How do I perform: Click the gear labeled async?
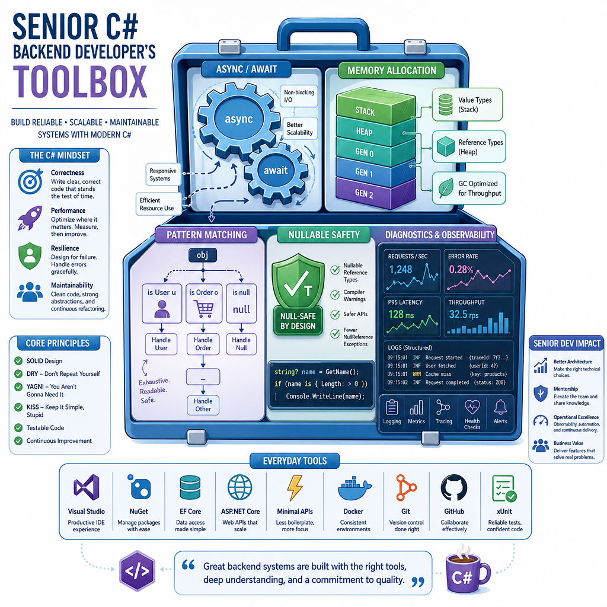pos(239,120)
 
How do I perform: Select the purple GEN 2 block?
pos(375,193)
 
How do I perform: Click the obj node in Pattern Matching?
pos(203,255)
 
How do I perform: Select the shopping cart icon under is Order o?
pos(204,308)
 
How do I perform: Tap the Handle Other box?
pos(203,405)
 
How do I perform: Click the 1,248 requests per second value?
pos(401,270)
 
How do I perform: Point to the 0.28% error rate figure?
pos(461,269)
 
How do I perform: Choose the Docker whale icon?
pos(354,489)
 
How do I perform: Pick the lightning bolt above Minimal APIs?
pos(295,488)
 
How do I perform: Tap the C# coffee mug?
pos(467,571)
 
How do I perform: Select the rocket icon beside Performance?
pos(30,218)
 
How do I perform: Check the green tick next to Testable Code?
pos(18,428)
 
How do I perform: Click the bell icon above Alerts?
pos(500,407)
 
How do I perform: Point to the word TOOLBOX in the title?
pos(81,82)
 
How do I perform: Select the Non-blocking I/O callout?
pos(299,96)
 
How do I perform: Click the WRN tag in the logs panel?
pos(417,374)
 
